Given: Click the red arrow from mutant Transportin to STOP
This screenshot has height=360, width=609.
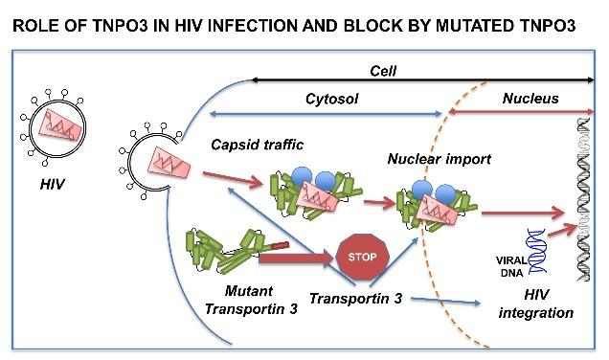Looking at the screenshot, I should [x=293, y=257].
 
